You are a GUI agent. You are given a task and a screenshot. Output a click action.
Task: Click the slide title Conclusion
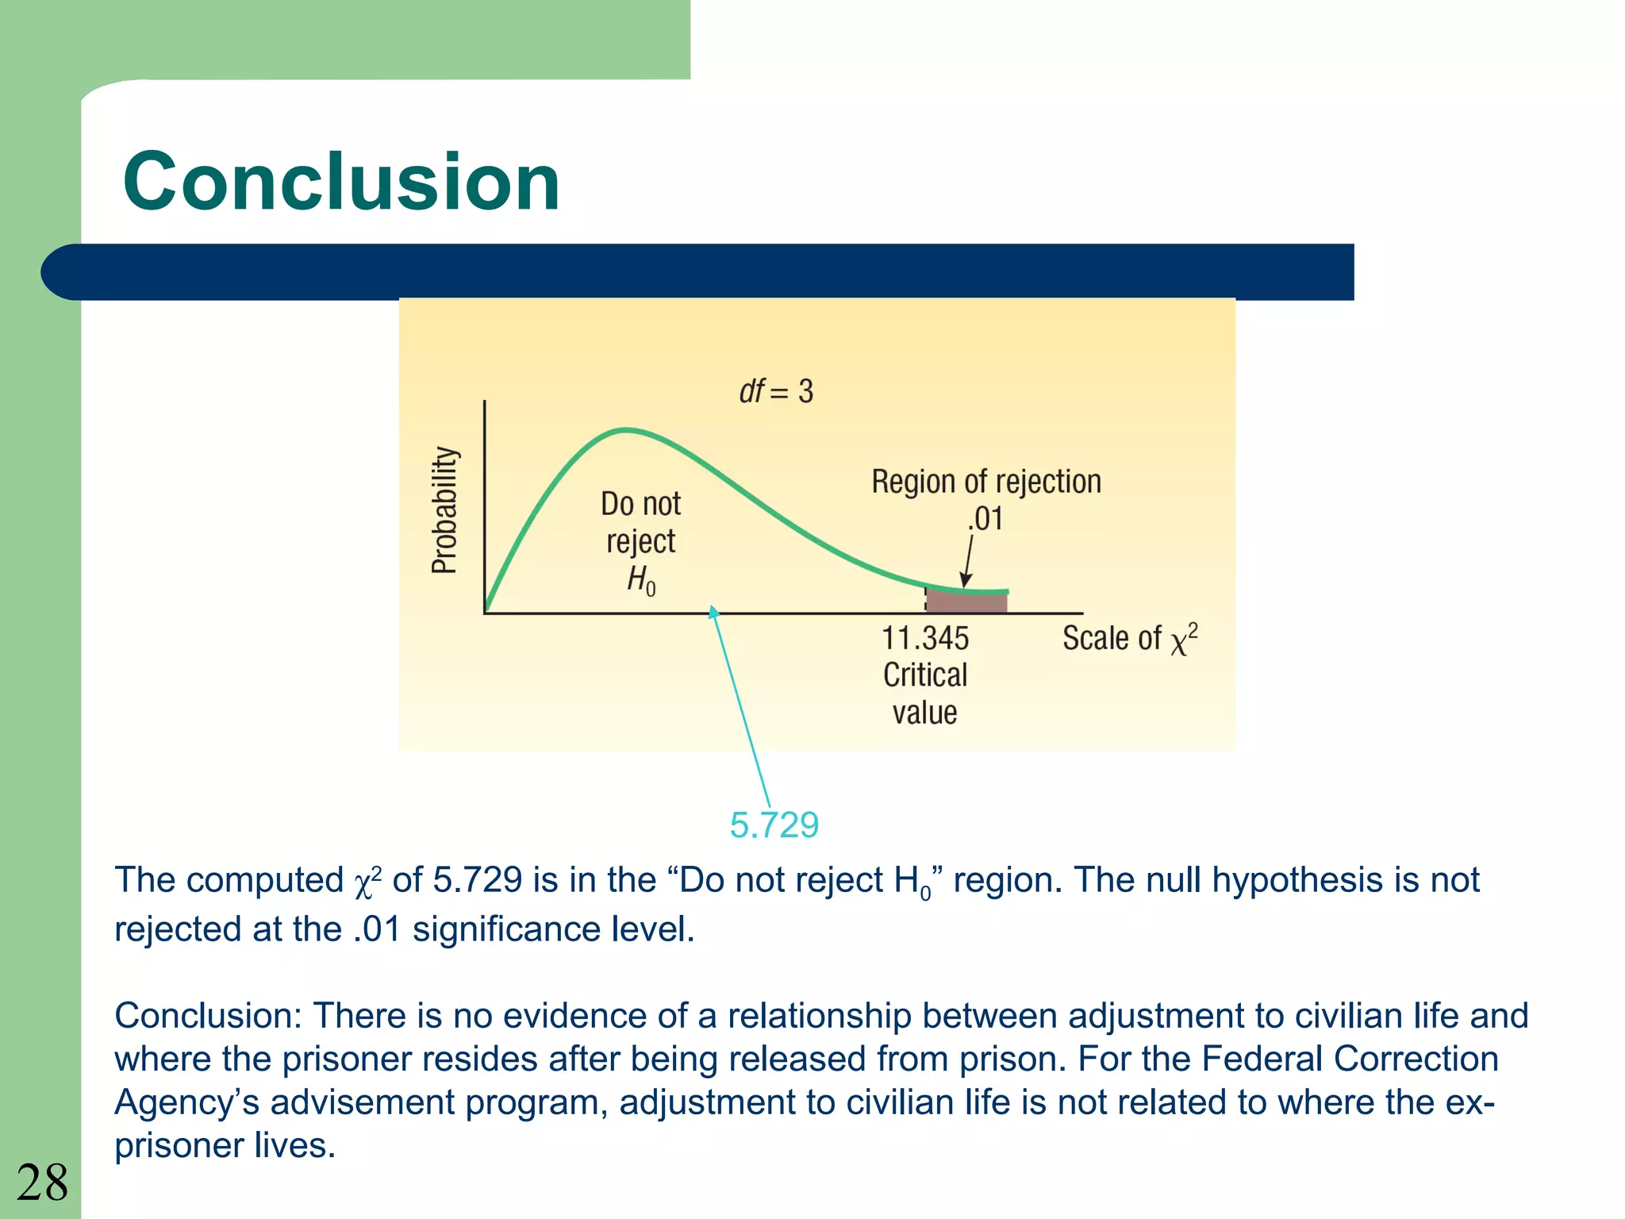(x=341, y=182)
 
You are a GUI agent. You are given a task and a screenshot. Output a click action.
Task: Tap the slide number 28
(x=42, y=1182)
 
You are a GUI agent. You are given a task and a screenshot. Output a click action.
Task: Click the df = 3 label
(x=776, y=391)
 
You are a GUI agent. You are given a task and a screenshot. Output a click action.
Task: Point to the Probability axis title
(x=444, y=510)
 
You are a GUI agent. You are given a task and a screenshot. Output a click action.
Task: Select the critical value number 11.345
(x=925, y=638)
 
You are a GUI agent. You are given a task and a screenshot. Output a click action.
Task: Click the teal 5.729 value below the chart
(x=774, y=825)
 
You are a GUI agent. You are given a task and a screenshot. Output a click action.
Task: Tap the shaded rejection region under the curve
(x=966, y=601)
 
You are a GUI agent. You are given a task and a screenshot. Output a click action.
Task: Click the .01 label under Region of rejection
(x=985, y=519)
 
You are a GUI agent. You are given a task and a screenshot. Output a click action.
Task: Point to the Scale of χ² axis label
(x=1130, y=639)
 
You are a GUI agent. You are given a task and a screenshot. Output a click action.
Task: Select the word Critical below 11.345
(x=925, y=675)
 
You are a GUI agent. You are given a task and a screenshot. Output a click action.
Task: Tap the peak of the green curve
(x=627, y=430)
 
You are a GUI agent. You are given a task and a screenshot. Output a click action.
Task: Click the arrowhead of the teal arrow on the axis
(x=713, y=611)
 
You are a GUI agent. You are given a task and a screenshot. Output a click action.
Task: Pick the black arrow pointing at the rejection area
(x=968, y=560)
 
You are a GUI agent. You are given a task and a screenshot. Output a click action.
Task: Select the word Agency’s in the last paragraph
(x=186, y=1102)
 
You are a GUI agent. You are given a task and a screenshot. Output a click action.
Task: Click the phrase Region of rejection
(x=986, y=482)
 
